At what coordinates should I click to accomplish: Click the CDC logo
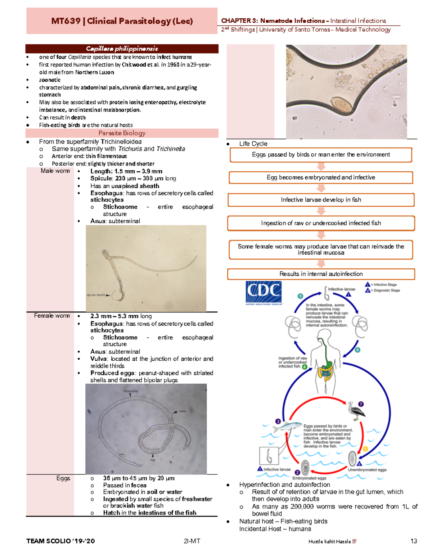pyautogui.click(x=264, y=292)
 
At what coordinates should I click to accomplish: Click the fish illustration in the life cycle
pyautogui.click(x=287, y=427)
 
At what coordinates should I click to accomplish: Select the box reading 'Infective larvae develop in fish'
pyautogui.click(x=321, y=200)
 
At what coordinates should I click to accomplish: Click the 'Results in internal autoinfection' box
pyautogui.click(x=321, y=274)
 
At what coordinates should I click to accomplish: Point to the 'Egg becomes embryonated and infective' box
pyautogui.click(x=321, y=177)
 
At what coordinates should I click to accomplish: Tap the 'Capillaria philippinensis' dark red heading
pyautogui.click(x=122, y=49)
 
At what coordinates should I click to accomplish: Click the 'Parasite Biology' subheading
pyautogui.click(x=122, y=133)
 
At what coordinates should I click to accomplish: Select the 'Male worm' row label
pyautogui.click(x=55, y=171)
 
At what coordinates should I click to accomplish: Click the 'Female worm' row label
pyautogui.click(x=52, y=316)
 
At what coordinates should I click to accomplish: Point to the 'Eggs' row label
pyautogui.click(x=63, y=478)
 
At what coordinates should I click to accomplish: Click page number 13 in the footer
pyautogui.click(x=413, y=541)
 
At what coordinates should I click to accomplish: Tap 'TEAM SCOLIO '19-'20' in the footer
pyautogui.click(x=60, y=541)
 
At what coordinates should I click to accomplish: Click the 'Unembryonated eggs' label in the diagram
pyautogui.click(x=367, y=470)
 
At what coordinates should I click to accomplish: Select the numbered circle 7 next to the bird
pyautogui.click(x=361, y=404)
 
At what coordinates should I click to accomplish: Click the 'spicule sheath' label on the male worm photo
pyautogui.click(x=96, y=295)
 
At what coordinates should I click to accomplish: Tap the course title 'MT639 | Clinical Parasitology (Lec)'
pyautogui.click(x=122, y=21)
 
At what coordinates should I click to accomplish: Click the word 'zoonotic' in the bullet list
pyautogui.click(x=50, y=80)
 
